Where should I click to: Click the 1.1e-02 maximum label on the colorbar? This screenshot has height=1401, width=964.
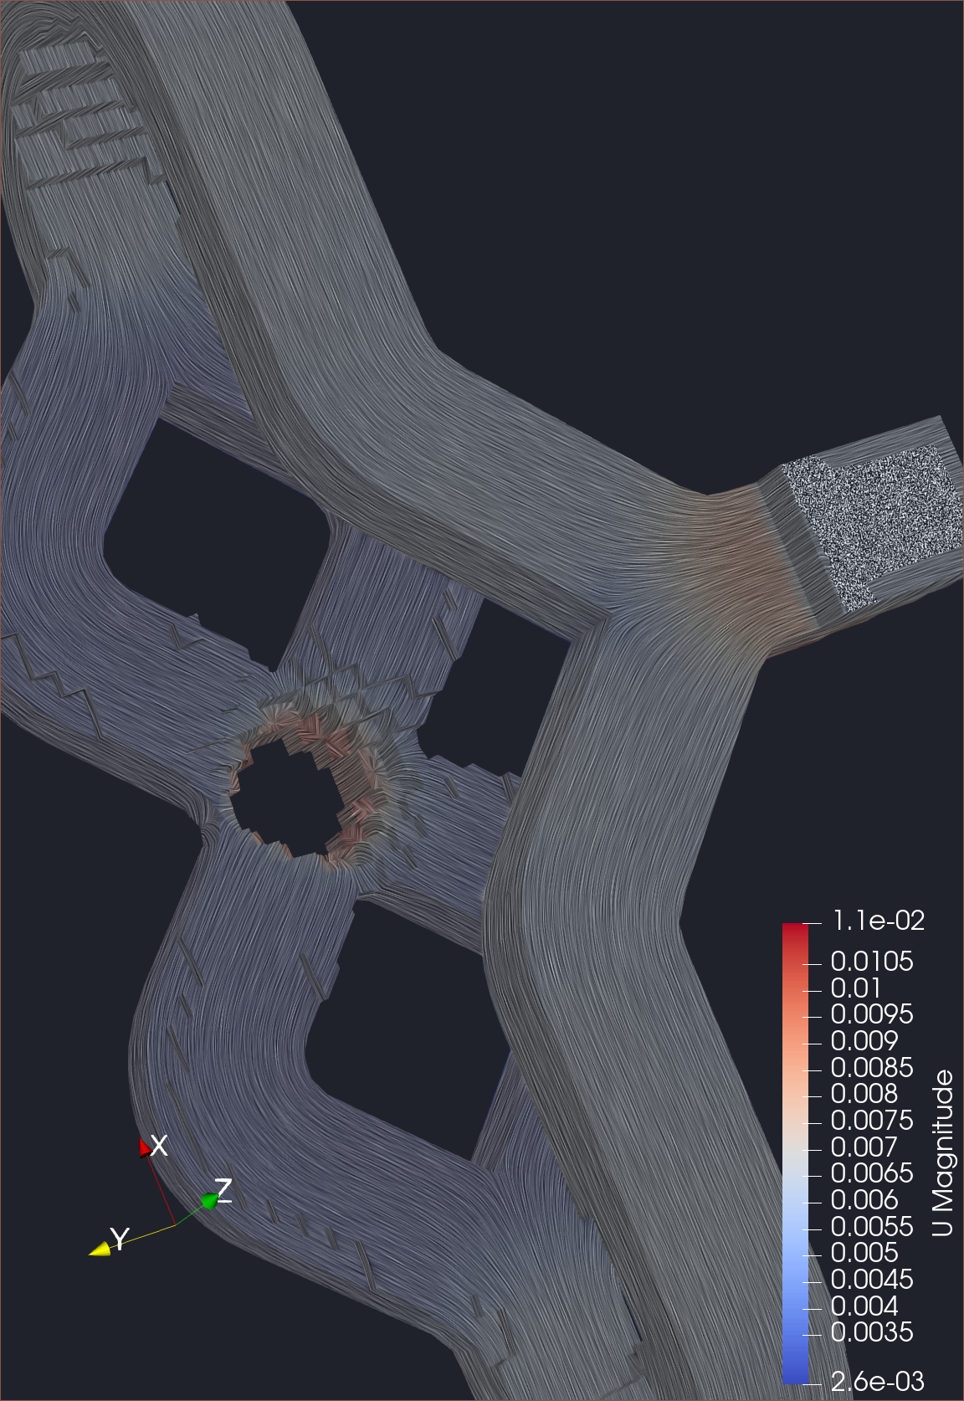(x=879, y=921)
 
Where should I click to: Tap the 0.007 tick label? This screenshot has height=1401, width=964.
(x=864, y=1147)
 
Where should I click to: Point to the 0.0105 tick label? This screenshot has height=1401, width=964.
(x=871, y=962)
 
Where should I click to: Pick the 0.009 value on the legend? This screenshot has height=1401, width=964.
(x=864, y=1041)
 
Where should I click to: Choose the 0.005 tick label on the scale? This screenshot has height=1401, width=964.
(x=864, y=1253)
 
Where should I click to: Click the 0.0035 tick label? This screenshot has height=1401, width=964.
(x=871, y=1332)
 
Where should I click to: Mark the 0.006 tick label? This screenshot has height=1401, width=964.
(x=864, y=1200)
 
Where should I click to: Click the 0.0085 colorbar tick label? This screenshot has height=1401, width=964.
(x=871, y=1068)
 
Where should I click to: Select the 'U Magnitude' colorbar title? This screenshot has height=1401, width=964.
(x=943, y=1152)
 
